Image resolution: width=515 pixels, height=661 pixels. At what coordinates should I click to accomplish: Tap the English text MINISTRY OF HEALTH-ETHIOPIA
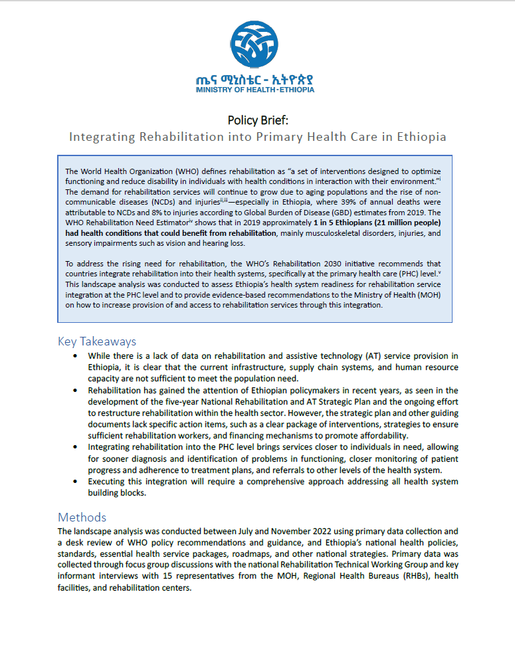[257, 89]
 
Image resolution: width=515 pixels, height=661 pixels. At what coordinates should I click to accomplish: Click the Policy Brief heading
[257, 120]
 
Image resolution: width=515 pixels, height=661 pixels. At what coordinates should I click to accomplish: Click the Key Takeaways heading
[97, 341]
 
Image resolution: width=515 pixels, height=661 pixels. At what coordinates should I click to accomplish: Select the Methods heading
[82, 517]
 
